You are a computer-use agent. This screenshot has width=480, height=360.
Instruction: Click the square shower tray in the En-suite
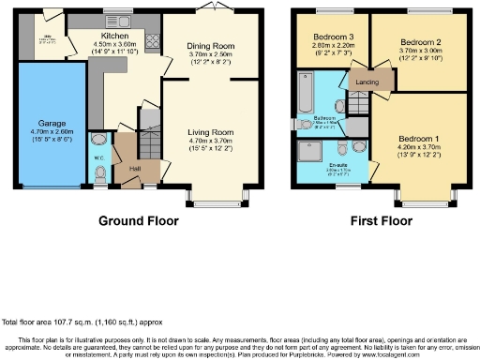(x=308, y=151)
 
